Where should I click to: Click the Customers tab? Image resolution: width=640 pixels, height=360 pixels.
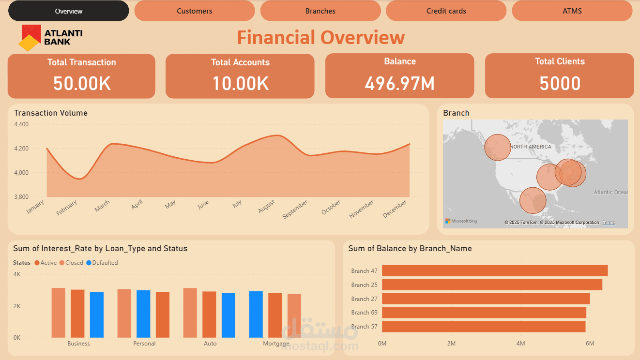194,11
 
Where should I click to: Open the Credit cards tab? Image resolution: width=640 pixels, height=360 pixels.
446,11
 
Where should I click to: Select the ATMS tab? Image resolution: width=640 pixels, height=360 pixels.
572,11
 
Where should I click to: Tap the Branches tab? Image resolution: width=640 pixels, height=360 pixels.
320,11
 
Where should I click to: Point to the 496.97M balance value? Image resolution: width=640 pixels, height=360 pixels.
399,84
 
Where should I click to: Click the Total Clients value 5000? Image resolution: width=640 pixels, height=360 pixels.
560,84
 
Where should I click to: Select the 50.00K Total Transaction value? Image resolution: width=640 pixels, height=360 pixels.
82,84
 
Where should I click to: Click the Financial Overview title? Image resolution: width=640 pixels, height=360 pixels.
320,38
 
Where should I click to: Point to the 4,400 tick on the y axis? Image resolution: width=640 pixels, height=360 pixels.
21,124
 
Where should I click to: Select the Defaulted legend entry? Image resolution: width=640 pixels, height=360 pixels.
102,263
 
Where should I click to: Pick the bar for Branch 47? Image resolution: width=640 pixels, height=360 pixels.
494,271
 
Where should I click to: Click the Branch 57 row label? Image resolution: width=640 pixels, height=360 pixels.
364,327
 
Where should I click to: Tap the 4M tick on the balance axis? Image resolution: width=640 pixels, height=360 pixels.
520,344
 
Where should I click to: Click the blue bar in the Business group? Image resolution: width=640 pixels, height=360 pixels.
97,315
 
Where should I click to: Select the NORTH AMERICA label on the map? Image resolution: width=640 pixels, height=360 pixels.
531,147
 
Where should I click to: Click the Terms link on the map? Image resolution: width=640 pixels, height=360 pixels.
609,223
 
